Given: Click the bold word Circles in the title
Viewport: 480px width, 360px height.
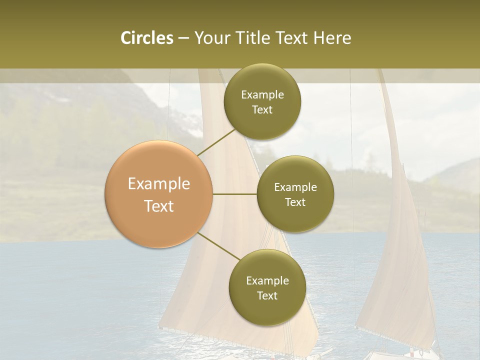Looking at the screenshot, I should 146,38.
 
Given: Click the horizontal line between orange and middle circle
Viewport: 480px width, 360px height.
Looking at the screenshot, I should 234,194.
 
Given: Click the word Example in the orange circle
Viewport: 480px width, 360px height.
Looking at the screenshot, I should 159,184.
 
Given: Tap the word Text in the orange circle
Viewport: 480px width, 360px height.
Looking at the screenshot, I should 159,206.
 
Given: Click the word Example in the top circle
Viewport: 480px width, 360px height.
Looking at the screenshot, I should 262,95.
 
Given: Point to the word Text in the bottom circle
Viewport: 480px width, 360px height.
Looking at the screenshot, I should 267,295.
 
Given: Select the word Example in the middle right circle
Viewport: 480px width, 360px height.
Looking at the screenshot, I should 295,187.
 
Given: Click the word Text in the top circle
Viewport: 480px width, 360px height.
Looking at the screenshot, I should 262,109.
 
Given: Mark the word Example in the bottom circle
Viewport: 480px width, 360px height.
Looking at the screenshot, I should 267,280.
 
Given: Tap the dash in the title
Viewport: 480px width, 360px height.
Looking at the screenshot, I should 183,38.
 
